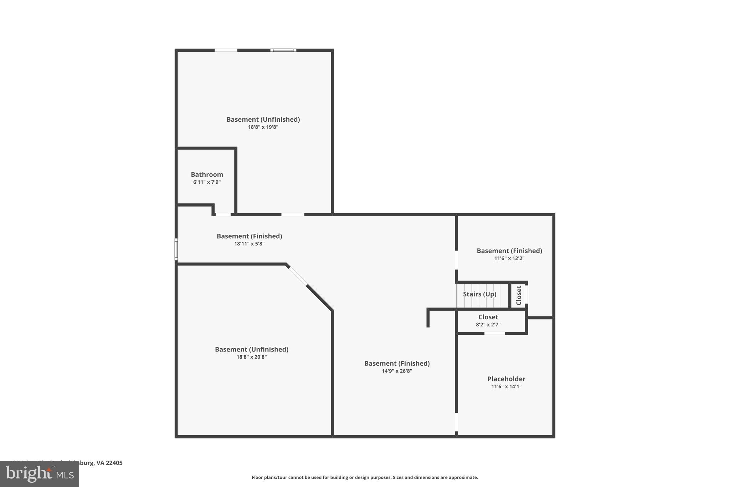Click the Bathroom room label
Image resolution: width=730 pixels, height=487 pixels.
tap(207, 174)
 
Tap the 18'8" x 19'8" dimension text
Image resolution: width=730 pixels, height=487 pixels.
tap(263, 127)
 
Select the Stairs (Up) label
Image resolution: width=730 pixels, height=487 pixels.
tap(479, 294)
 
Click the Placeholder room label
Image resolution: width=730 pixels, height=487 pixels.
tap(506, 379)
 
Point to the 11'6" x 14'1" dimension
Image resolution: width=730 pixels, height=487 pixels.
tap(506, 386)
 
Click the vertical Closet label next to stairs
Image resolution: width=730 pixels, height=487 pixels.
tap(519, 295)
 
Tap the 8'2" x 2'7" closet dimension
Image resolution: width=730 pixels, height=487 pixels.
tap(488, 325)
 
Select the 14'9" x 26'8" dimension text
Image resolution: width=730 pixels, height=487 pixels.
tap(397, 371)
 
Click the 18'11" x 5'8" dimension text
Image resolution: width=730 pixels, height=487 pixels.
tap(249, 244)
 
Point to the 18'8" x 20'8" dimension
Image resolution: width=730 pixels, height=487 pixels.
tap(251, 357)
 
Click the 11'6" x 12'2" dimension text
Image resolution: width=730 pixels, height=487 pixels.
tap(509, 258)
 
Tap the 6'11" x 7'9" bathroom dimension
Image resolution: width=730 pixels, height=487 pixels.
tap(207, 182)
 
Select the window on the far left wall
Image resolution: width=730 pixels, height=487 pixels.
tap(176, 249)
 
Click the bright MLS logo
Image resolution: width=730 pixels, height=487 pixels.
tap(40, 474)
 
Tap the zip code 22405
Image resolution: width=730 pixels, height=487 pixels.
tap(114, 463)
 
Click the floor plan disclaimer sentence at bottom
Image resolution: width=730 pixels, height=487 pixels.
tap(365, 477)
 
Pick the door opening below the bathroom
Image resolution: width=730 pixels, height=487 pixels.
tap(223, 214)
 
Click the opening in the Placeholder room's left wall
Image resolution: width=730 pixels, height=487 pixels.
tap(456, 422)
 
